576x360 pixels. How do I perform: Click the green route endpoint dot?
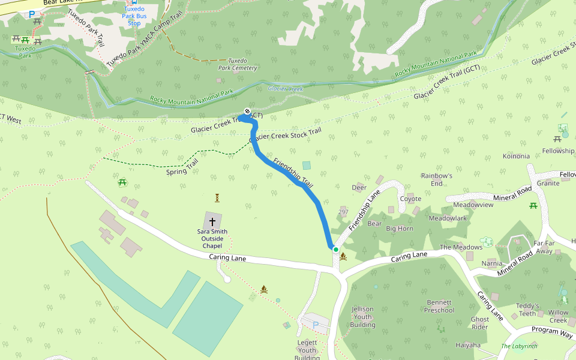coord(336,249)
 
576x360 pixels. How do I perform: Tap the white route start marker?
coord(247,111)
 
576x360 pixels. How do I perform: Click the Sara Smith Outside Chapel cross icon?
coord(212,221)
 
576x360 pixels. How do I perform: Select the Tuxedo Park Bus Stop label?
coord(134,16)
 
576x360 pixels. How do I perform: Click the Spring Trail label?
coord(182,168)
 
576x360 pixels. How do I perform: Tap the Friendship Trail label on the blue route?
coord(293,173)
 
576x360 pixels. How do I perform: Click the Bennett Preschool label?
coord(439,306)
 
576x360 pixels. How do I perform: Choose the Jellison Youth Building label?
coord(362,317)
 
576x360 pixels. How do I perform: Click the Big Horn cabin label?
coord(399,229)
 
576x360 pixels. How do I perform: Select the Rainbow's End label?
coord(436,179)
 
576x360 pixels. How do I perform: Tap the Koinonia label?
coord(517,156)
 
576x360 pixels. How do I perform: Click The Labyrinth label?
coord(520,346)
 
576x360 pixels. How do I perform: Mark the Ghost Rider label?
coord(480,323)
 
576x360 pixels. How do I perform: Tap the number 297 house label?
coord(343,212)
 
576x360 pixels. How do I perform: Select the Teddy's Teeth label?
coord(527,310)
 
